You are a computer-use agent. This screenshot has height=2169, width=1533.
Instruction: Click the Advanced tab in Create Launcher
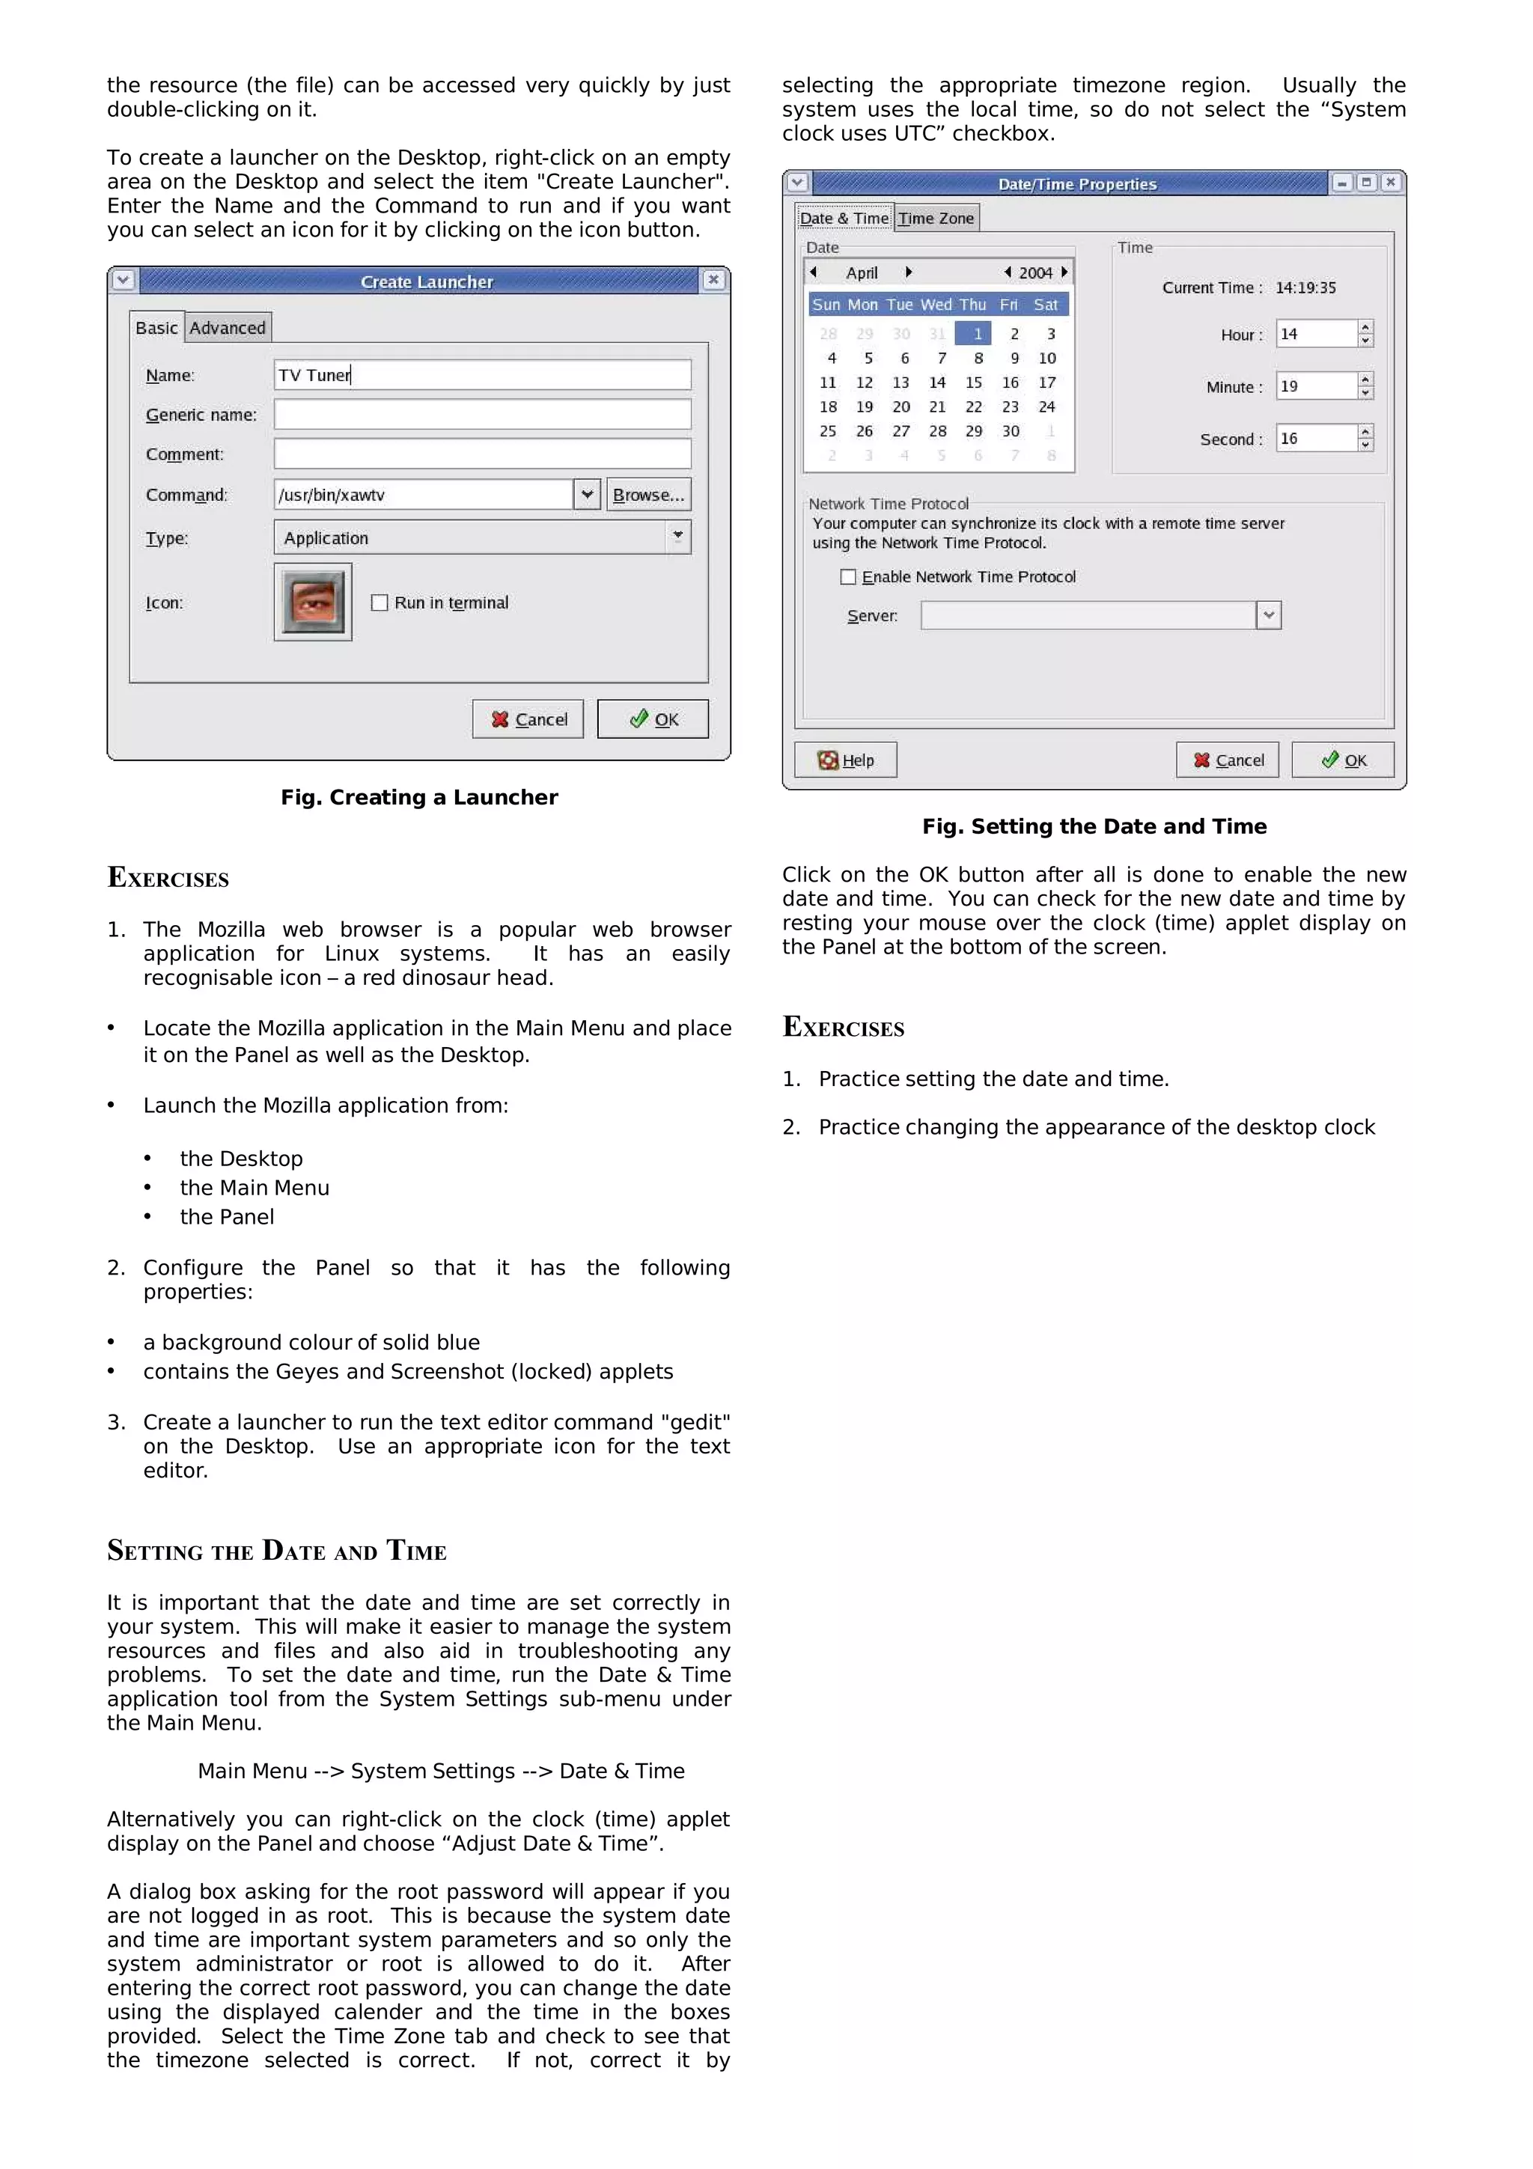tap(228, 328)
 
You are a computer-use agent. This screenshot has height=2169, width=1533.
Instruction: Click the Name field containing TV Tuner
tap(482, 375)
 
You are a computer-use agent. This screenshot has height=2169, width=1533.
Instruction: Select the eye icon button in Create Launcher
tap(313, 602)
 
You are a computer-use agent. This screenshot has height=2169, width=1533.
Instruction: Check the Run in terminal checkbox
tap(380, 602)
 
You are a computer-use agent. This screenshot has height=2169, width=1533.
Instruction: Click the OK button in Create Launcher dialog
tap(653, 719)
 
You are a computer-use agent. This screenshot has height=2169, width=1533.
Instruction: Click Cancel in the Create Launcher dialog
tap(528, 719)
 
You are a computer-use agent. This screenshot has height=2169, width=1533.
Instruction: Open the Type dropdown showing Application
tap(677, 537)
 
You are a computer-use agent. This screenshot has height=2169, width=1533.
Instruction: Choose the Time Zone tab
tap(936, 219)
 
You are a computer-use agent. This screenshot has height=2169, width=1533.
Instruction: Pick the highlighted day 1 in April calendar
tap(977, 334)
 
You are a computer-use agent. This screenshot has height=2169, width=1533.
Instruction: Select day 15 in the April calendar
tap(973, 382)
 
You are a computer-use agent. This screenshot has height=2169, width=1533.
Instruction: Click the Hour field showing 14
tap(1316, 334)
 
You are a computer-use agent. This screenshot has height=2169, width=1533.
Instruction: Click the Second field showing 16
tap(1316, 439)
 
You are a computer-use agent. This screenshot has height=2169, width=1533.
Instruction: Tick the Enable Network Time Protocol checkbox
tap(848, 577)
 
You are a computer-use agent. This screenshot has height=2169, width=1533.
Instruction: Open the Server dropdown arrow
tap(1269, 615)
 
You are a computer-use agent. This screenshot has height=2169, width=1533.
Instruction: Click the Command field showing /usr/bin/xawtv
tap(423, 494)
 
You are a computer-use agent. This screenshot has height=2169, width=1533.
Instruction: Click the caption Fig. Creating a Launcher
tap(418, 797)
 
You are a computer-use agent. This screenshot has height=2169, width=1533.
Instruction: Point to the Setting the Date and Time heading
tap(277, 1550)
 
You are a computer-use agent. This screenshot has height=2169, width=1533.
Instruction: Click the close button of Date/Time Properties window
tap(1389, 183)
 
